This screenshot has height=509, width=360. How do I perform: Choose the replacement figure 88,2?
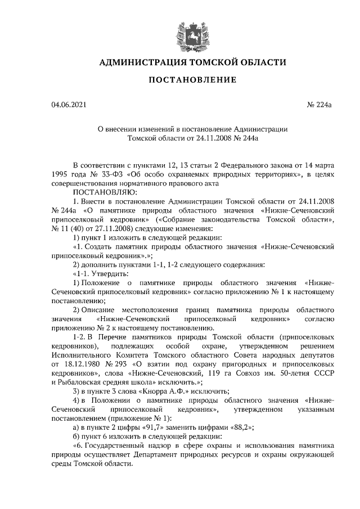click(235, 427)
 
